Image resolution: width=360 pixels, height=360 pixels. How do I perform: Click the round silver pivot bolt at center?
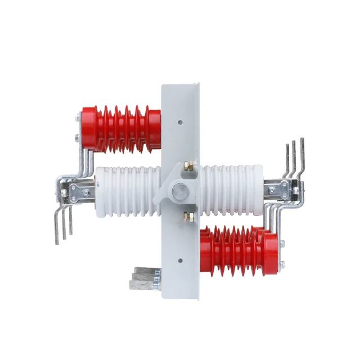(x=180, y=190)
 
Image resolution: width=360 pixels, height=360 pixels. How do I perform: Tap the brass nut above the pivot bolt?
(x=190, y=166)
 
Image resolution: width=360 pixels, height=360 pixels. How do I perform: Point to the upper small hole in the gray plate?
(x=179, y=120)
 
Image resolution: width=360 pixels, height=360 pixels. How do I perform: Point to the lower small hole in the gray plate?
(x=179, y=260)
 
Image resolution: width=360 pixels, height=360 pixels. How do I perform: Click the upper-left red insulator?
(x=121, y=128)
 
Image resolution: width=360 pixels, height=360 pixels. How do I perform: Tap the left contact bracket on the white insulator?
(x=76, y=192)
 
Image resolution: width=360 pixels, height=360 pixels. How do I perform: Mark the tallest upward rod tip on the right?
(x=302, y=139)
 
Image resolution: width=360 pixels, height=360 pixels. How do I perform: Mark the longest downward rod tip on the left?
(x=57, y=243)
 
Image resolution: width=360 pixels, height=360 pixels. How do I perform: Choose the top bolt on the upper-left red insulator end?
(x=77, y=119)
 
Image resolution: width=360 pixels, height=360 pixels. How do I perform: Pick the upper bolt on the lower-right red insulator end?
(x=283, y=244)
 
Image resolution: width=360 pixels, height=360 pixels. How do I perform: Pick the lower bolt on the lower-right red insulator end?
(x=283, y=263)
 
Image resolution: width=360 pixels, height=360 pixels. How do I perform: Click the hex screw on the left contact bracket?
(x=85, y=192)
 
